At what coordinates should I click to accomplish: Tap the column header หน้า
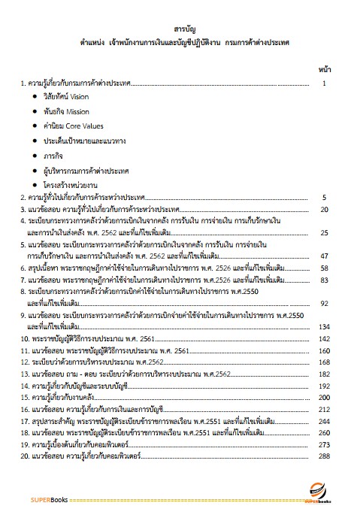[324, 68]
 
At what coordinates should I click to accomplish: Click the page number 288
[324, 456]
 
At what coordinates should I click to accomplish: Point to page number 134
[324, 327]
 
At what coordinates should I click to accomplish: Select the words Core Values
[82, 125]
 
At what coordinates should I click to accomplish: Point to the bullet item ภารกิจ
[54, 153]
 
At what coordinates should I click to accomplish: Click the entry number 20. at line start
[25, 456]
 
